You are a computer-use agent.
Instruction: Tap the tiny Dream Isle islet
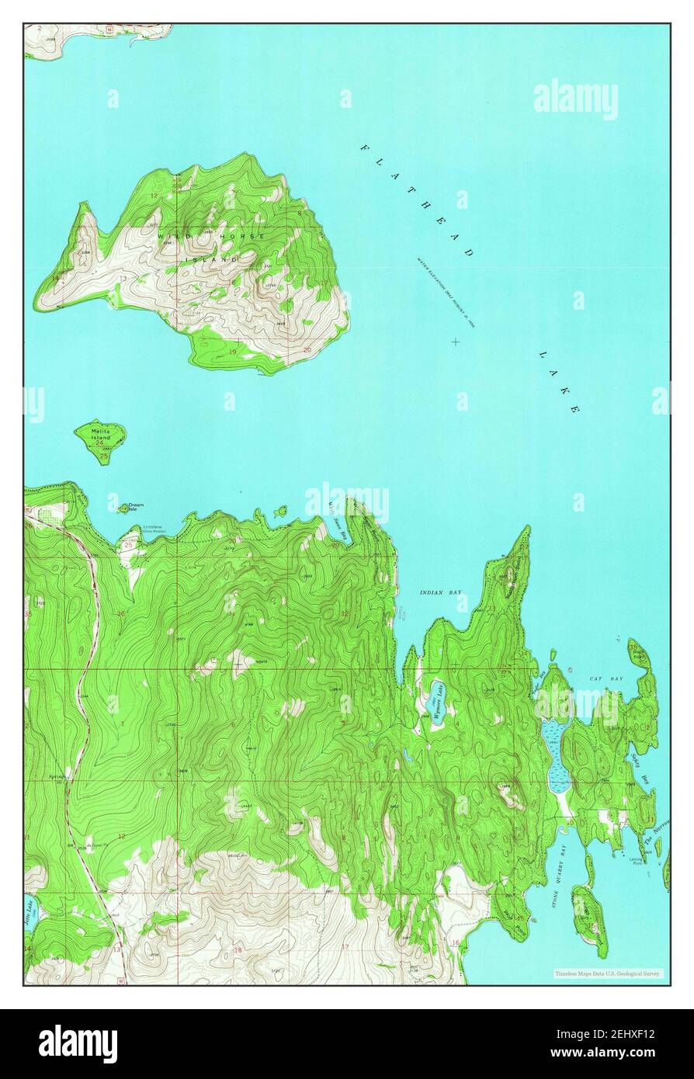pyautogui.click(x=123, y=509)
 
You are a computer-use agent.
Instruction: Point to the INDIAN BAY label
pyautogui.click(x=440, y=592)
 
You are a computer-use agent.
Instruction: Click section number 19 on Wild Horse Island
pyautogui.click(x=234, y=352)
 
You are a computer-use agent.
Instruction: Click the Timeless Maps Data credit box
pyautogui.click(x=607, y=973)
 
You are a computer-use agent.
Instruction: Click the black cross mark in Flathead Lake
pyautogui.click(x=455, y=341)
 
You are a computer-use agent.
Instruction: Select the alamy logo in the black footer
pyautogui.click(x=78, y=1043)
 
